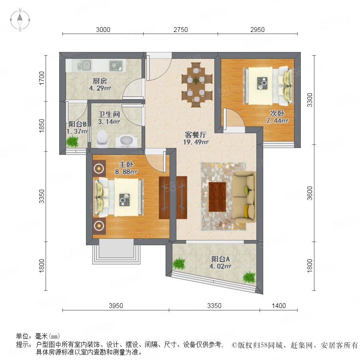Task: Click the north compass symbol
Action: pyautogui.click(x=20, y=20)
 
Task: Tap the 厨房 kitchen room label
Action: pyautogui.click(x=100, y=81)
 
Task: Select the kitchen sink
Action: pyautogui.click(x=84, y=66)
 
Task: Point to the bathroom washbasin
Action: pyautogui.click(x=126, y=141)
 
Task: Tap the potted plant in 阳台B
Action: pyautogui.click(x=72, y=141)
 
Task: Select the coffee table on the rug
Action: pyautogui.click(x=218, y=197)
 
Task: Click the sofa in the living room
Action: pyautogui.click(x=244, y=197)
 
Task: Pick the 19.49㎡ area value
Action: pyautogui.click(x=196, y=142)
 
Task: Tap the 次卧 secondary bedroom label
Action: pyautogui.click(x=277, y=114)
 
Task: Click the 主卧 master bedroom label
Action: pyautogui.click(x=126, y=164)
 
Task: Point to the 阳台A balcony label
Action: pyautogui.click(x=220, y=259)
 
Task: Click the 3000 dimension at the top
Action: pyautogui.click(x=103, y=30)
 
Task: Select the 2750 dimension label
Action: pyautogui.click(x=180, y=30)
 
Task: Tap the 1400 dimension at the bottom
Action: pyautogui.click(x=279, y=306)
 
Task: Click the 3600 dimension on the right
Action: pyautogui.click(x=310, y=193)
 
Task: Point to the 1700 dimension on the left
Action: pyautogui.click(x=42, y=78)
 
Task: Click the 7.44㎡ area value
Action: pyautogui.click(x=277, y=121)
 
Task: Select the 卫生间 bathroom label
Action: pyautogui.click(x=109, y=114)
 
